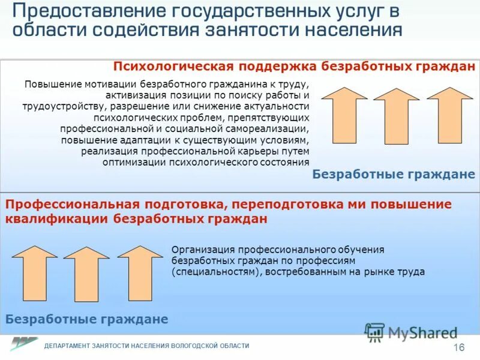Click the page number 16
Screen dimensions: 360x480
[x=459, y=348]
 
